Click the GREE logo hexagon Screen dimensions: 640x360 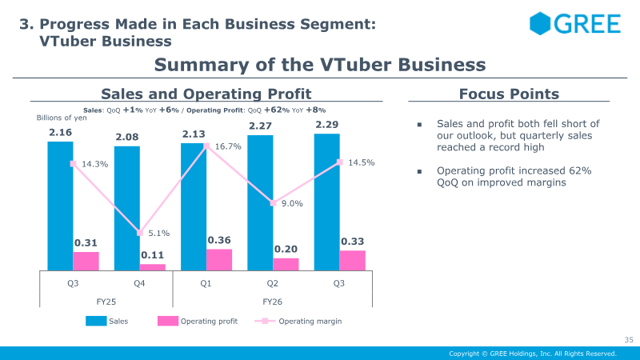540,23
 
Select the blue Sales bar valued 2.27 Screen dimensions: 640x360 260,203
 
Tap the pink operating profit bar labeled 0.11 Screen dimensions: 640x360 153,267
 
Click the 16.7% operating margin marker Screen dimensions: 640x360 206,146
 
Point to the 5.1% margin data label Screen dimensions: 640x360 158,233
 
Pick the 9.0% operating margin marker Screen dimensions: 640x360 273,203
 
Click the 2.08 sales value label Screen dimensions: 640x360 127,137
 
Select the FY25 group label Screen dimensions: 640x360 106,302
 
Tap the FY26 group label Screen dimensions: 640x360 272,302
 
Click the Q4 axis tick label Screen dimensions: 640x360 139,283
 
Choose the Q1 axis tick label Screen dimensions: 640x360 206,283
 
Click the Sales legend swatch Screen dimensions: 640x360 96,321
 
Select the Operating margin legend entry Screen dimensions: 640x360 298,322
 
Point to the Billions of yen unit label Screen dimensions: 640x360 62,118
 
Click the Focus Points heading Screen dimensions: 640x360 509,94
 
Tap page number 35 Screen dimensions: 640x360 629,339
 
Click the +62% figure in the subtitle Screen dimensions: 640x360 277,110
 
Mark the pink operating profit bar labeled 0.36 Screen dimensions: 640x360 219,259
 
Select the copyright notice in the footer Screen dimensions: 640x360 533,354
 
